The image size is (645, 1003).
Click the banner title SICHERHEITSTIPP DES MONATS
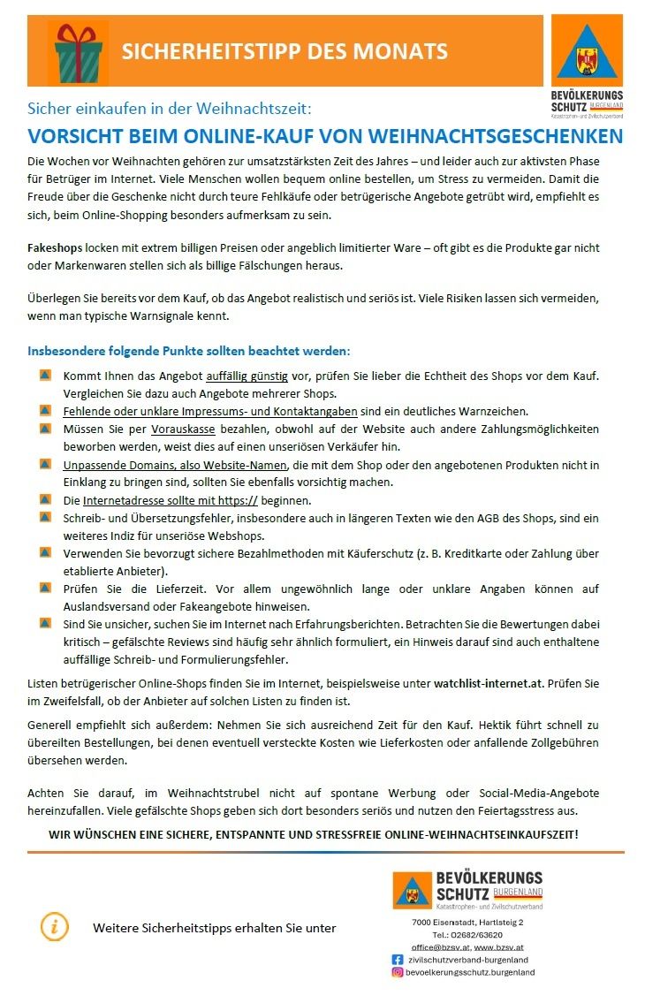285,51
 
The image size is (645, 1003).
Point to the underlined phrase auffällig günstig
247,376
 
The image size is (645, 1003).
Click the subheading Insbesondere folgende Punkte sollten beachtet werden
189,350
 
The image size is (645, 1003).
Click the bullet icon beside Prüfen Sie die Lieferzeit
45,587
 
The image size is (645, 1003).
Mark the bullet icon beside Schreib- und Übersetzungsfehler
45,516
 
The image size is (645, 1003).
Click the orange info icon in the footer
55,926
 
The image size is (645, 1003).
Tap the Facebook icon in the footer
398,959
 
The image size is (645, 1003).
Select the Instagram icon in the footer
398,972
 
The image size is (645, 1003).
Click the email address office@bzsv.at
440,946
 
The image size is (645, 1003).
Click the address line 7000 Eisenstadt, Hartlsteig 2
467,922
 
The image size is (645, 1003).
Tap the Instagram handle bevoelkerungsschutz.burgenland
470,972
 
